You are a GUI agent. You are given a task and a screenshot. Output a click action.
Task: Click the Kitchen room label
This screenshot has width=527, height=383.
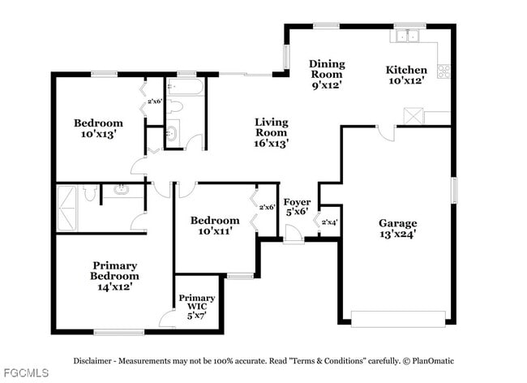pos(405,75)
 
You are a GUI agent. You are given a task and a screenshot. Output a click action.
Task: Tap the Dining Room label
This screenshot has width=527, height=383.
pos(327,75)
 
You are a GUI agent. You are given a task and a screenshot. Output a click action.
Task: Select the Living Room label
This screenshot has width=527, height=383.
pos(271,132)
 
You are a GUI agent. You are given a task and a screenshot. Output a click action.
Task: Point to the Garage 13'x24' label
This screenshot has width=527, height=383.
pos(398,229)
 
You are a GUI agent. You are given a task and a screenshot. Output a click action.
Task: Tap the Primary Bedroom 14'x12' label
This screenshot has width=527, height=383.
pos(114,276)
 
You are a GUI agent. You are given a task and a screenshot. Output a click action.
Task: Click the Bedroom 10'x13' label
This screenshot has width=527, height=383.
pos(98,129)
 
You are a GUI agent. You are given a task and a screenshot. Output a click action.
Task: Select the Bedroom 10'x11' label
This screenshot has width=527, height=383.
pos(214,226)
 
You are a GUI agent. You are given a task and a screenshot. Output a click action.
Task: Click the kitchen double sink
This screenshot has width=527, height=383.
pos(408,35)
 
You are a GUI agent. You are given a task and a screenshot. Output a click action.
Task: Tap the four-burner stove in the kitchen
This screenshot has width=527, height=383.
pos(443,71)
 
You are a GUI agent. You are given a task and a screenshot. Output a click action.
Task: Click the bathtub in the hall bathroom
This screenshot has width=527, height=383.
pos(187,85)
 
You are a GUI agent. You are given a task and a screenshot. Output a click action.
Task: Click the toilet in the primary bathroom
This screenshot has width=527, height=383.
pos(92,192)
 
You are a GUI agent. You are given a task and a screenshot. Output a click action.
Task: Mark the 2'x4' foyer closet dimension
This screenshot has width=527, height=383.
pos(329,222)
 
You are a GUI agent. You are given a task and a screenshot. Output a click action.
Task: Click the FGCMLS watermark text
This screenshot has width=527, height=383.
pos(25,373)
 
